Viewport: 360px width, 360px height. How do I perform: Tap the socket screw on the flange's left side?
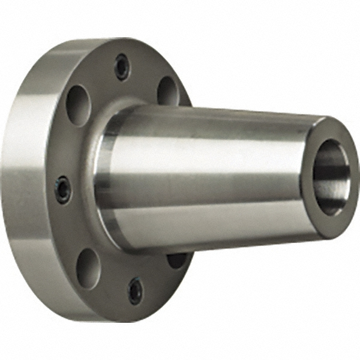[x=62, y=189]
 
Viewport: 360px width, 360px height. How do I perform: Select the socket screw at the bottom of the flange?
[x=136, y=291]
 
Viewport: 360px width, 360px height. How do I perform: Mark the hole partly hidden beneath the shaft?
[x=177, y=260]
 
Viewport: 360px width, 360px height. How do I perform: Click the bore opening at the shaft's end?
[x=331, y=177]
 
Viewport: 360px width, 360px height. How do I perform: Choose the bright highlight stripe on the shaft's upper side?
[x=210, y=144]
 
